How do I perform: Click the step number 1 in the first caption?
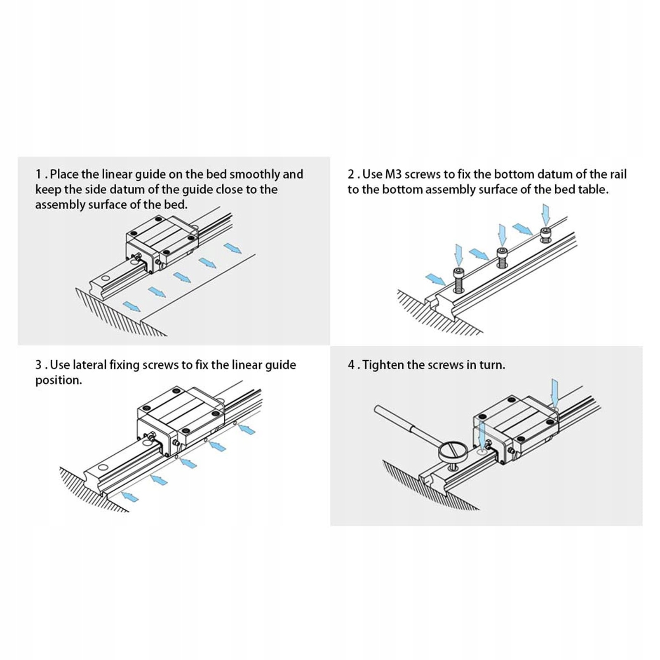click(38, 174)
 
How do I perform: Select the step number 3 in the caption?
click(38, 365)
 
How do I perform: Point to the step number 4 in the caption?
click(351, 365)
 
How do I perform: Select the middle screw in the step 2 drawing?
click(502, 258)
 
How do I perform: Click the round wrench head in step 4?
click(450, 453)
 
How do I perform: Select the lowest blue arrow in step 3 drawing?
click(130, 496)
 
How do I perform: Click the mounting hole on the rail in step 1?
click(106, 277)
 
